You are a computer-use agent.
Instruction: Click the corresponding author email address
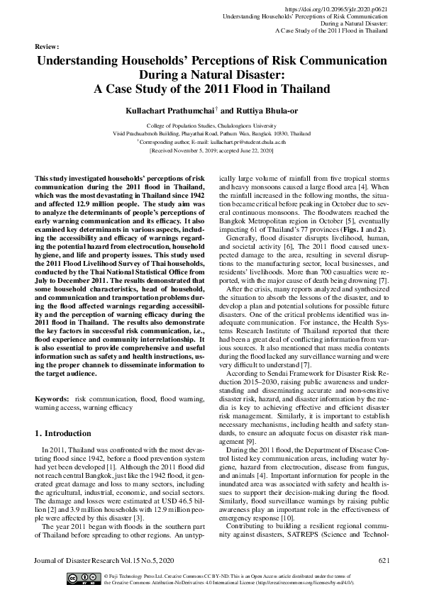(x=250, y=142)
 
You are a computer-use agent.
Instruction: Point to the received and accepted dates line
(x=211, y=151)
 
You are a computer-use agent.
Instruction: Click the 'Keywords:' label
(x=52, y=400)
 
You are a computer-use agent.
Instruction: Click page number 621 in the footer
(x=384, y=562)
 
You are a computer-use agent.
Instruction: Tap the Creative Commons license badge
(x=82, y=579)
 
